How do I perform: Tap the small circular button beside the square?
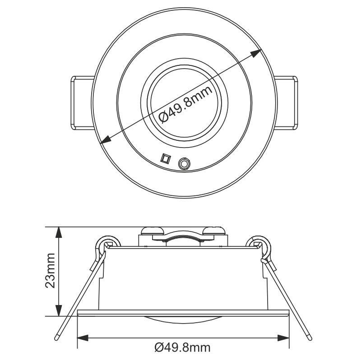coord(184,163)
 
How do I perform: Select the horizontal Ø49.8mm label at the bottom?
coord(182,348)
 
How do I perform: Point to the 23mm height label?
coord(50,271)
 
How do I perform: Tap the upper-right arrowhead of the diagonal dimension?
coord(258,54)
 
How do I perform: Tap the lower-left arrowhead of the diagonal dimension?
coord(105,141)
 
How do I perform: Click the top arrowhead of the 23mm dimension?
coord(58,232)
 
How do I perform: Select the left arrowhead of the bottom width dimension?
coord(83,338)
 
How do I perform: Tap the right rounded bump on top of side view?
coord(214,231)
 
